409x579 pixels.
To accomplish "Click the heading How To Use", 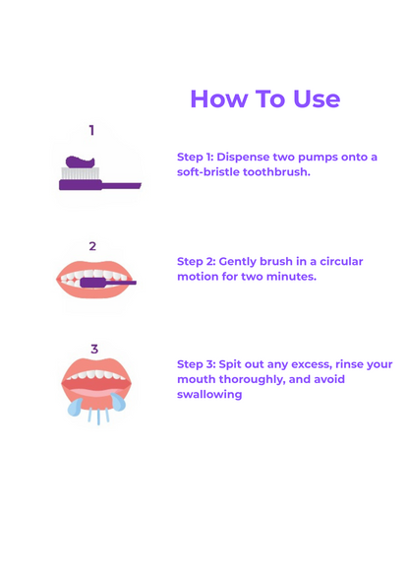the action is [264, 98].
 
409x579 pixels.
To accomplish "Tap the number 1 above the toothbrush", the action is [91, 130].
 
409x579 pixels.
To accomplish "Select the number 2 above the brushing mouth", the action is [92, 246].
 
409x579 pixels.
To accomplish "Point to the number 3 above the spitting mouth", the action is [94, 349].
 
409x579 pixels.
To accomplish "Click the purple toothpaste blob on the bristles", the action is [80, 161].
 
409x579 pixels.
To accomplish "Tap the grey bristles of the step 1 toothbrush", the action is [80, 173].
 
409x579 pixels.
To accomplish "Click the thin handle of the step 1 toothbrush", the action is [121, 185].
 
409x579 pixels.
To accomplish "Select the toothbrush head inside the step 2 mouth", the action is [93, 283].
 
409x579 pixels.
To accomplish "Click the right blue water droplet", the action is [118, 402].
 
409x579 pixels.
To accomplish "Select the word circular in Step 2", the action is [341, 262].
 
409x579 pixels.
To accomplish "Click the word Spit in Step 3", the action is [230, 364].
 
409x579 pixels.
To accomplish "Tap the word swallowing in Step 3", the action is [209, 394].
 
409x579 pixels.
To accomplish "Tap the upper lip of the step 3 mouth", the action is [96, 365].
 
